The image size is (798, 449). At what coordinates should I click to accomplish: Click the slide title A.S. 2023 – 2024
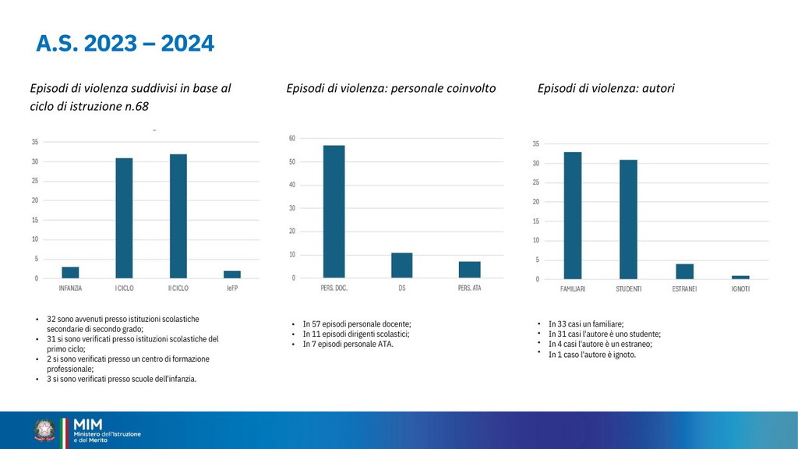[125, 44]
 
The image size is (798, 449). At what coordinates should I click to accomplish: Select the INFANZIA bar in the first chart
[70, 273]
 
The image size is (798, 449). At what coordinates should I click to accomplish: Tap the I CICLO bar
[124, 218]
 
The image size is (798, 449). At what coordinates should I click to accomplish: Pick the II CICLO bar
[178, 216]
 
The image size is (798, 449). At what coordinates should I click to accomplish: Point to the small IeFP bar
[232, 274]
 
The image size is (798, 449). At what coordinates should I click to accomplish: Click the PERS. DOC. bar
[334, 211]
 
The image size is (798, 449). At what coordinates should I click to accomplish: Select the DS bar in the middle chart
[401, 265]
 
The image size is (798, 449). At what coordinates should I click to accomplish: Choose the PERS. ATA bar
[469, 270]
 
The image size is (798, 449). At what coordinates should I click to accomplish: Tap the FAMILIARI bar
[573, 215]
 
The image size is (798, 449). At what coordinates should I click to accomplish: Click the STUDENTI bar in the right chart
[628, 219]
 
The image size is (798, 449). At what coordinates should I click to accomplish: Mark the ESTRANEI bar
[684, 271]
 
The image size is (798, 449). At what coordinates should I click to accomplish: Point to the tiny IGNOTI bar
[740, 277]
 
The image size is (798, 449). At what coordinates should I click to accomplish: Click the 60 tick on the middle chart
[292, 138]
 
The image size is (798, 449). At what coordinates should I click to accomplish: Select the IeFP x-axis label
[232, 288]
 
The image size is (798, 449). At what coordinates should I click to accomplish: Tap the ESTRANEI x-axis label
[684, 289]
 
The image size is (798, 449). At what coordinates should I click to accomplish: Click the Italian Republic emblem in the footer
[44, 430]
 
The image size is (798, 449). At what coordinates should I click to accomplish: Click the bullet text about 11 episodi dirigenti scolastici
[356, 334]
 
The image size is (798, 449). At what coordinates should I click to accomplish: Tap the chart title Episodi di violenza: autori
[606, 88]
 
